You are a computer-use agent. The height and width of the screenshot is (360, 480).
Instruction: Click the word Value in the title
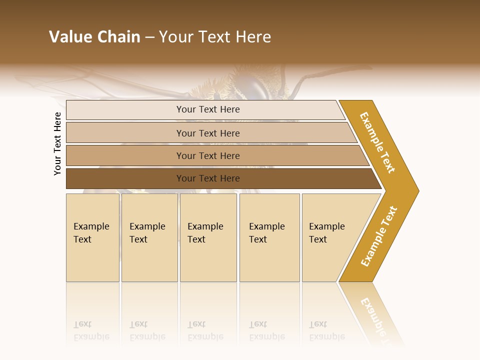(69, 37)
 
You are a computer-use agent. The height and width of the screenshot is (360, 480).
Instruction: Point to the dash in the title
(149, 37)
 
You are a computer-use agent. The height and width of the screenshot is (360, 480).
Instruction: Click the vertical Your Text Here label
(57, 143)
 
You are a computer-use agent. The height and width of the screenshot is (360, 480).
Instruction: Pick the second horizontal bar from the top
(207, 133)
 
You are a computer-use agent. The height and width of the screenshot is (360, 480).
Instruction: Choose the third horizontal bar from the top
(207, 155)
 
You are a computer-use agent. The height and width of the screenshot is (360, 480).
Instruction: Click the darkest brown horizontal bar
(207, 178)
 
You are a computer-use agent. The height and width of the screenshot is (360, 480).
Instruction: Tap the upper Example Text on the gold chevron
(377, 142)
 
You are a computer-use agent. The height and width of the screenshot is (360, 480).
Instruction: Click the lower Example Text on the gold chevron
(379, 236)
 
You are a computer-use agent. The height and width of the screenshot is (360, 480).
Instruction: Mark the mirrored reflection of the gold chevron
(372, 312)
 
